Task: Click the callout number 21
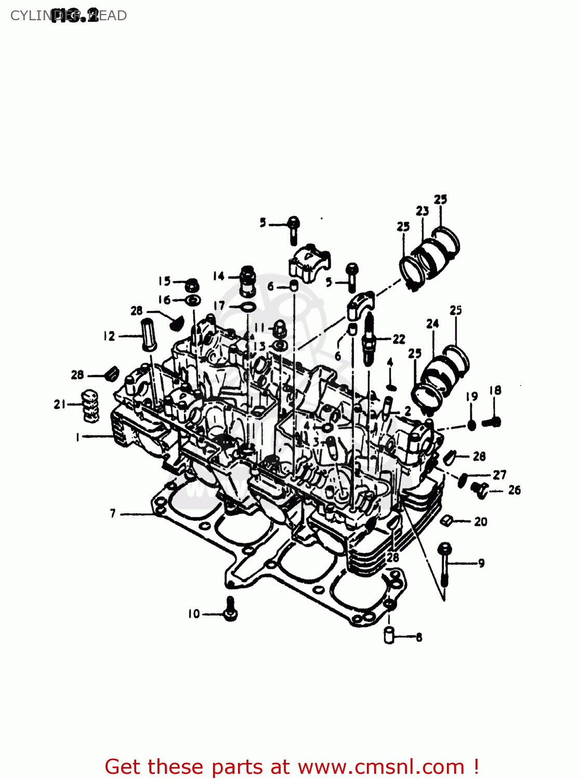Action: click(59, 404)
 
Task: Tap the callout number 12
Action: click(109, 336)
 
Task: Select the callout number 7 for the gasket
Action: click(113, 514)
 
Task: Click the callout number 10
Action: click(194, 614)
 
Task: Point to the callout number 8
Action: click(419, 637)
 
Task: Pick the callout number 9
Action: click(481, 563)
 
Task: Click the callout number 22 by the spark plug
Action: click(399, 339)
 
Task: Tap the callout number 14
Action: click(218, 276)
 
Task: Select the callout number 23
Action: click(422, 210)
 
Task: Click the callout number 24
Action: click(432, 324)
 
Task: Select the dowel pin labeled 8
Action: click(389, 636)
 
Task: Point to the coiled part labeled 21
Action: click(90, 406)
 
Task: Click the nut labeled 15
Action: click(192, 285)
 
